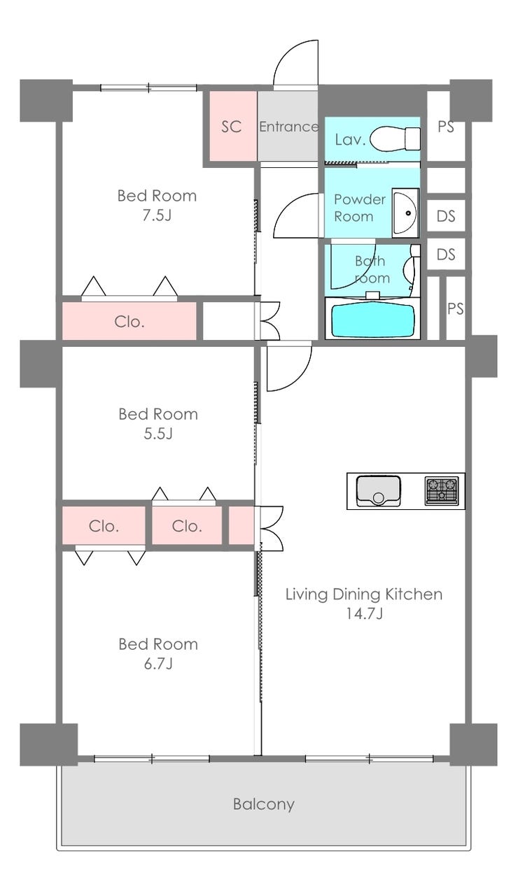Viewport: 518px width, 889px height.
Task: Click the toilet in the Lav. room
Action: [395, 139]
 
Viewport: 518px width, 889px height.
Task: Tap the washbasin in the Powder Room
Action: [405, 213]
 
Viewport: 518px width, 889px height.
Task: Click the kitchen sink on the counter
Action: [378, 491]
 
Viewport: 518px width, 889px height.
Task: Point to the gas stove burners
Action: [441, 490]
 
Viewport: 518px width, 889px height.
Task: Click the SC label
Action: [232, 127]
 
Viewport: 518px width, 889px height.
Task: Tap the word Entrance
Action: [289, 127]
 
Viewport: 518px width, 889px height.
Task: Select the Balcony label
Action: [264, 804]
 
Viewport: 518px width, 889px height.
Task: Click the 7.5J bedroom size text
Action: [157, 215]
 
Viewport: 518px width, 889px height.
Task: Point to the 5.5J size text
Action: [158, 434]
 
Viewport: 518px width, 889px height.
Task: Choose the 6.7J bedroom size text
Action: [158, 664]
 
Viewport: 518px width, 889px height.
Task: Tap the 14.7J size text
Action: [364, 613]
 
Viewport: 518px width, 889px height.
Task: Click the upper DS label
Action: [446, 216]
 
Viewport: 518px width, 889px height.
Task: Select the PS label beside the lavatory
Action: [446, 127]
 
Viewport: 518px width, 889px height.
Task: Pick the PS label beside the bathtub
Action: [456, 308]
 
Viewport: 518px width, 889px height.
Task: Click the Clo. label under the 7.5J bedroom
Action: [129, 322]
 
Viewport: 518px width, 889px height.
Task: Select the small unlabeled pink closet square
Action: [241, 525]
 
